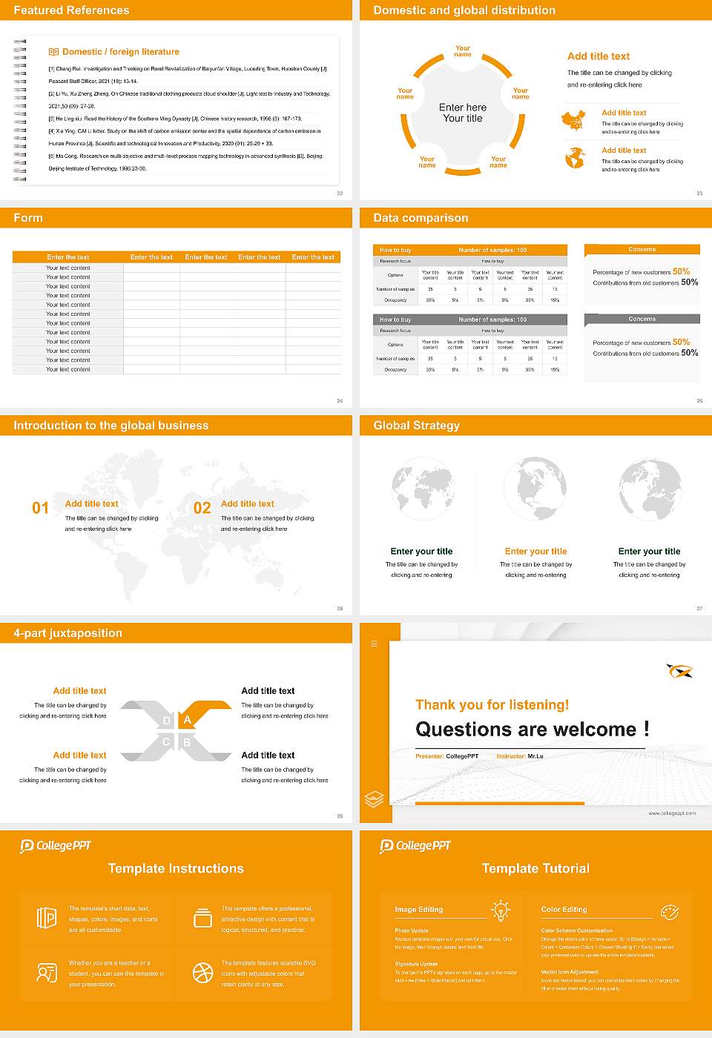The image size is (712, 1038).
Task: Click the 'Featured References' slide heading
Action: [71, 10]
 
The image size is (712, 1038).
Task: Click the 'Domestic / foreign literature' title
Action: [120, 52]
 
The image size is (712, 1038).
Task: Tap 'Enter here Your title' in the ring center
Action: [463, 113]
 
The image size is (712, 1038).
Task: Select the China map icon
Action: [573, 121]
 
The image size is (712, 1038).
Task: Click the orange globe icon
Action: [575, 158]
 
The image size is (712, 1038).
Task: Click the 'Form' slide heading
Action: [28, 218]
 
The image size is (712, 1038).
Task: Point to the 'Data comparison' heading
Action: [421, 218]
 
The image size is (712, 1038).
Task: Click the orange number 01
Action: [40, 508]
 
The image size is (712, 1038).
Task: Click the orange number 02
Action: [202, 508]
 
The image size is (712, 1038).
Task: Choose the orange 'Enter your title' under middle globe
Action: [535, 552]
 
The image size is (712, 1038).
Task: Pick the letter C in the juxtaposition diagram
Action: [166, 742]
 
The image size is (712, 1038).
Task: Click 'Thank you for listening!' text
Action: [492, 705]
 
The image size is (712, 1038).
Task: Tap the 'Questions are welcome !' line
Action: [533, 730]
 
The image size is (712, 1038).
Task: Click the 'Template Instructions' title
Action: [176, 869]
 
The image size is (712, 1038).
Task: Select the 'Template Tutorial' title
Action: [535, 869]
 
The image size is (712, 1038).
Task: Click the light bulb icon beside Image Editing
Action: [501, 910]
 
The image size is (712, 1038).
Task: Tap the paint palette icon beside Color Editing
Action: [669, 911]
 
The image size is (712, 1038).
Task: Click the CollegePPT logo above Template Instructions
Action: [56, 846]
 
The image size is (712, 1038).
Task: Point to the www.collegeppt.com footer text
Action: [672, 813]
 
